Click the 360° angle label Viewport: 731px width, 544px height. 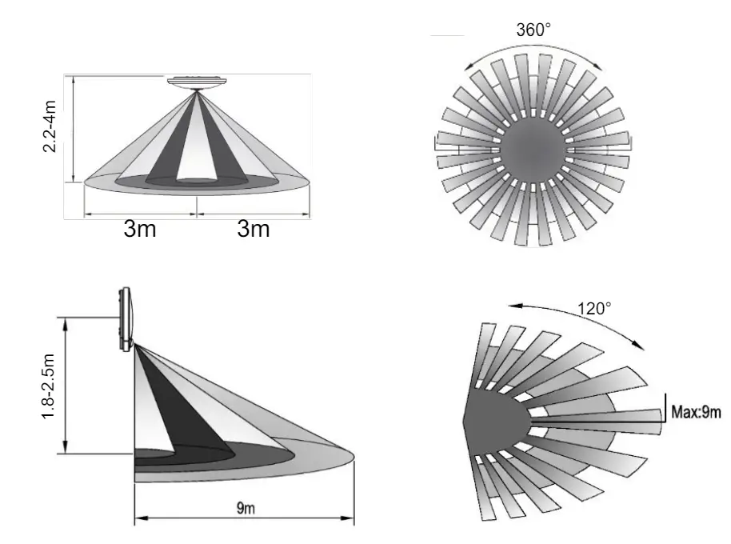(533, 30)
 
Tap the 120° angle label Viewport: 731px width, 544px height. (594, 309)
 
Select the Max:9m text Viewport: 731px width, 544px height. (696, 412)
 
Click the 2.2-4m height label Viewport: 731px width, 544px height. (50, 126)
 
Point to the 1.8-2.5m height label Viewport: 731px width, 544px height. (49, 386)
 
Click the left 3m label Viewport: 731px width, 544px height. (140, 229)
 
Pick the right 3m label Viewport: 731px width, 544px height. (254, 229)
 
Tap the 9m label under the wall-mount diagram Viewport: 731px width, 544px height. (246, 508)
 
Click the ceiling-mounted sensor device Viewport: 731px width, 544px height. (197, 82)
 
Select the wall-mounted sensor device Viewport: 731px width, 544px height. (126, 319)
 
